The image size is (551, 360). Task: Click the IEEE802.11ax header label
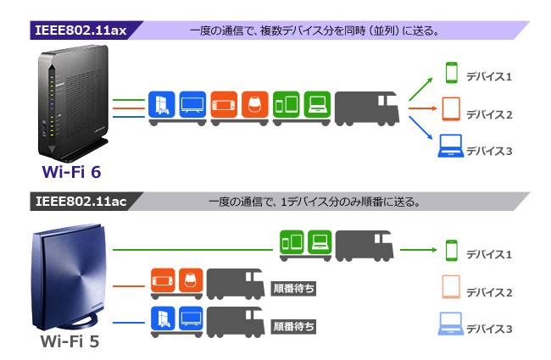[x=81, y=30]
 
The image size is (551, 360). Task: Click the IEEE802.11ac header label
[x=81, y=202]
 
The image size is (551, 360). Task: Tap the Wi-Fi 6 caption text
[x=71, y=172]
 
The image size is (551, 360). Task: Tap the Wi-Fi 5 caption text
[x=71, y=342]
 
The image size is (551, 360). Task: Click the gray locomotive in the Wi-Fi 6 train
[x=365, y=107]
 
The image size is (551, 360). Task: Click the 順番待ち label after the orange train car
[x=294, y=287]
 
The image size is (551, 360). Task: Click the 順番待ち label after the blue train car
[x=294, y=324]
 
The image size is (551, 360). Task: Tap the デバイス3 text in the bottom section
[x=489, y=328]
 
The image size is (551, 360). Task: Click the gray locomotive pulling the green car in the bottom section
[x=365, y=246]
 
